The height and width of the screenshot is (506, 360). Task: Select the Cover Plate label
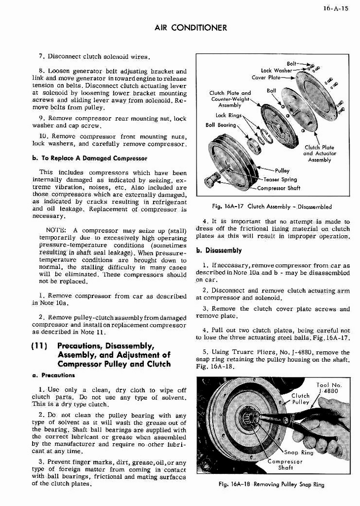click(266, 78)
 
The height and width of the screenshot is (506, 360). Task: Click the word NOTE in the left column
click(56, 230)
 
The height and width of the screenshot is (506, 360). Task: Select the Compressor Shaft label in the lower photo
click(286, 465)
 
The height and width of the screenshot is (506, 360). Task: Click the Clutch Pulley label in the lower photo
click(300, 399)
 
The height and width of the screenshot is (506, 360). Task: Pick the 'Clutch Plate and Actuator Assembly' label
click(320, 153)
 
